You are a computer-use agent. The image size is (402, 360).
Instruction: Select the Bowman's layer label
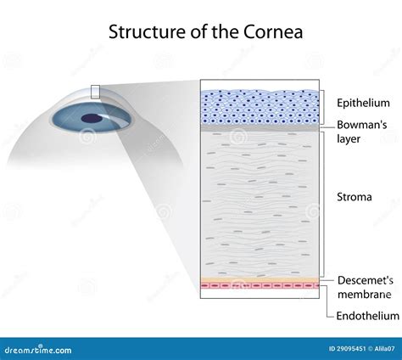362,132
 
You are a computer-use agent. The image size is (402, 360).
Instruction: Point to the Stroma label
354,197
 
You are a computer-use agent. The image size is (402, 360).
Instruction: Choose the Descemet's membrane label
365,287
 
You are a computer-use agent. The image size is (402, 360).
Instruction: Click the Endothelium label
366,315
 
